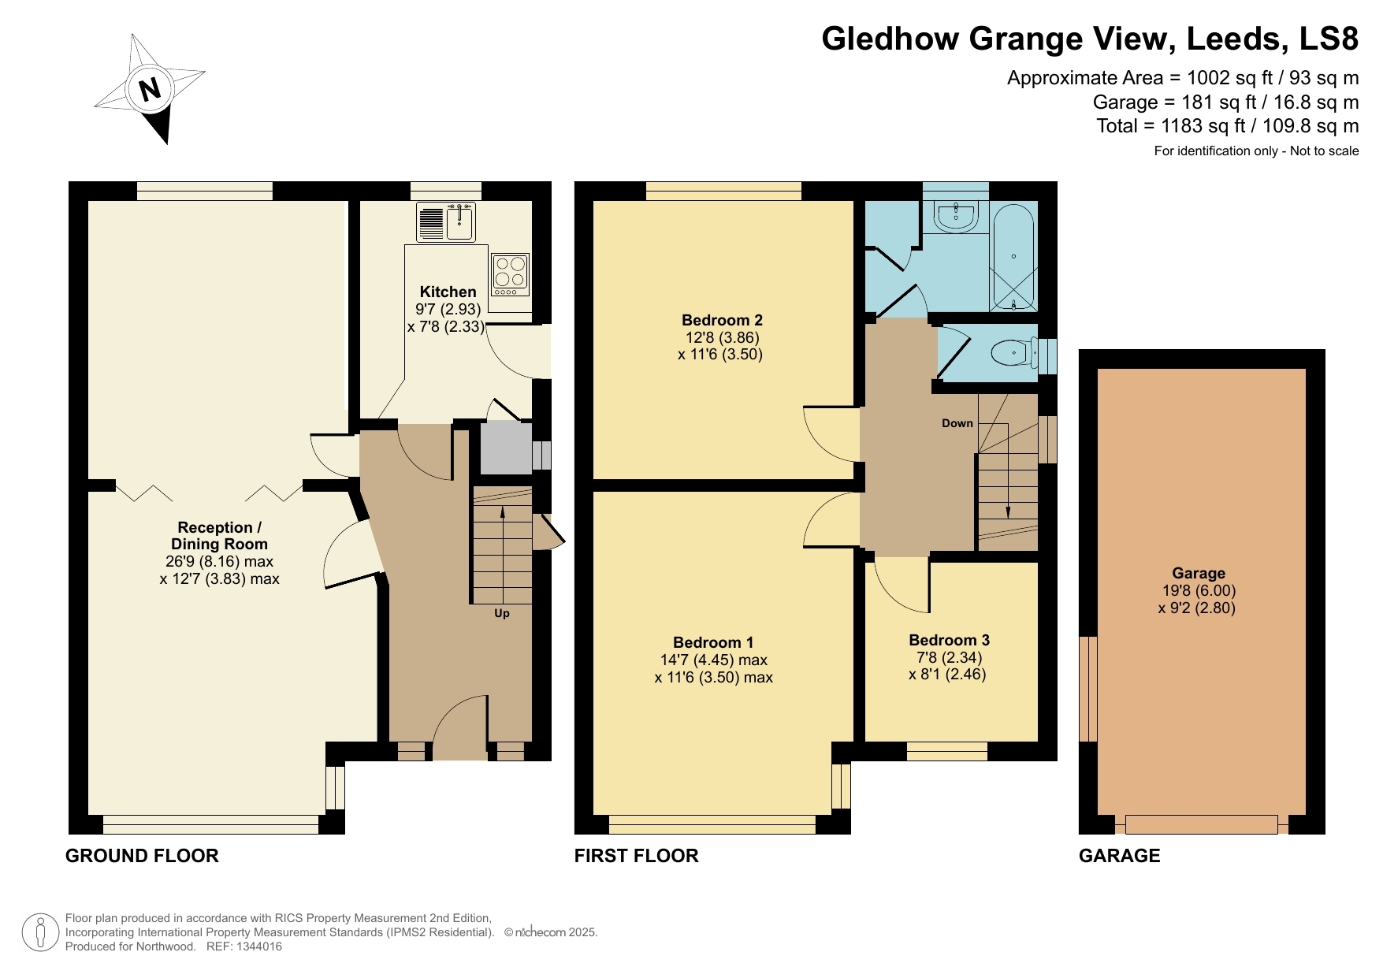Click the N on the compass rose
[150, 88]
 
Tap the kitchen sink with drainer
[446, 221]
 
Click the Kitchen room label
[448, 292]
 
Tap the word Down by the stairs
[957, 423]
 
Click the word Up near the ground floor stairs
[502, 613]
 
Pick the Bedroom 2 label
[722, 320]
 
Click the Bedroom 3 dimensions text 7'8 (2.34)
[949, 657]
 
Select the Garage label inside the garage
[1198, 574]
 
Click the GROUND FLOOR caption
[142, 856]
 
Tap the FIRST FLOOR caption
[636, 856]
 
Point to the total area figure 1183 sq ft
[1200, 126]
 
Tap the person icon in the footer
[40, 932]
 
